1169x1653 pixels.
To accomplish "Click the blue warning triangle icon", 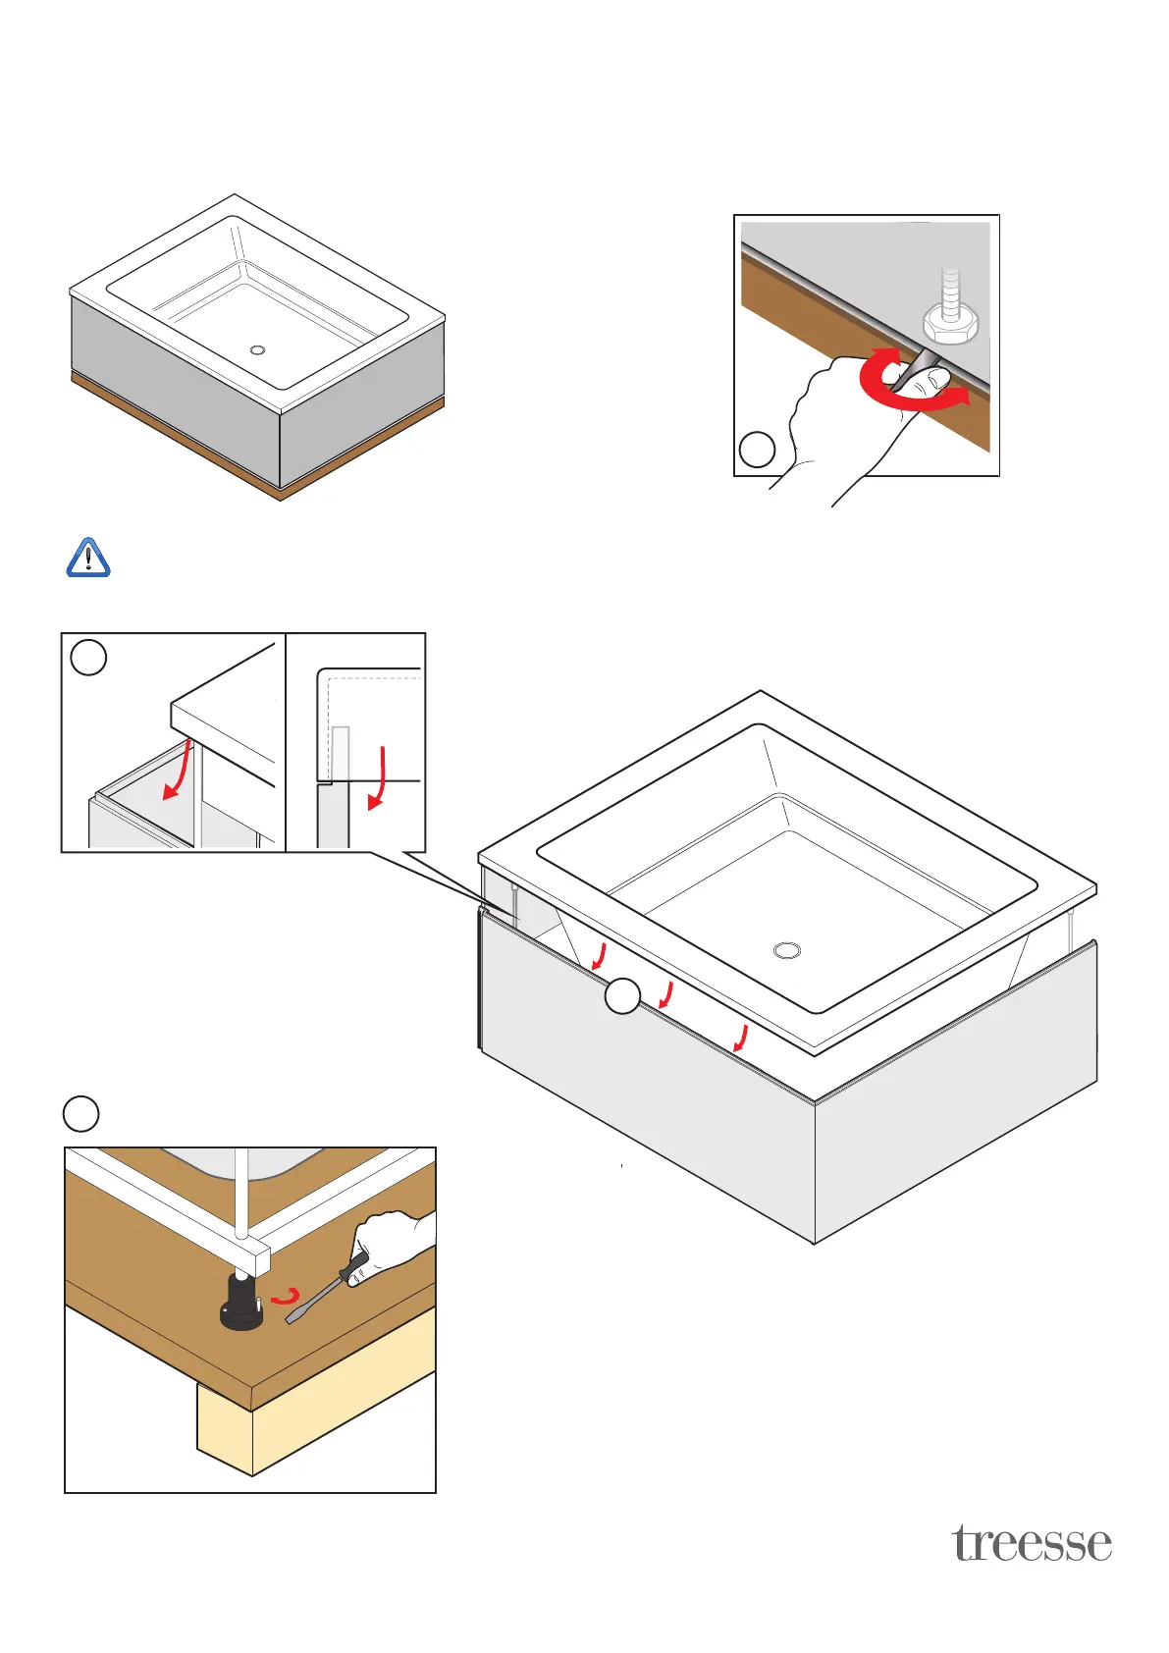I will [88, 558].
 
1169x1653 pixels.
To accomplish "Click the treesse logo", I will [1032, 1543].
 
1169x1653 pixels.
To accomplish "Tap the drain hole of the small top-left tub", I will [258, 349].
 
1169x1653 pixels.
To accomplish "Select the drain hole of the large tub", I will [787, 950].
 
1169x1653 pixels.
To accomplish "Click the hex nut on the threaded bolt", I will [950, 323].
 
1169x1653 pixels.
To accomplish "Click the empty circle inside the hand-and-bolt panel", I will [757, 450].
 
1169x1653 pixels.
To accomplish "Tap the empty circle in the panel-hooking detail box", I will [89, 657].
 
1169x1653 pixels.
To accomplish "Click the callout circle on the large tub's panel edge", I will [622, 996].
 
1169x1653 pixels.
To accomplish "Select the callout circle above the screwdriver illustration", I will [80, 1114].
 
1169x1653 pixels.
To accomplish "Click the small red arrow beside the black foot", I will [286, 1297].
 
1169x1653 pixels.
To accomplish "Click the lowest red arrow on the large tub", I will [742, 1037].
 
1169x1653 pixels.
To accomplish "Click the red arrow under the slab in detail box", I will [178, 772].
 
